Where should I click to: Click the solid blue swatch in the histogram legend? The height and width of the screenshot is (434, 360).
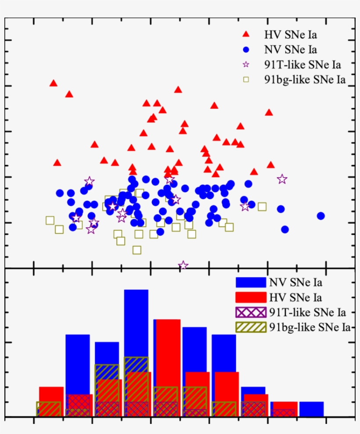251,282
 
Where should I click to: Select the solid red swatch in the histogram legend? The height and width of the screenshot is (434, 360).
251,298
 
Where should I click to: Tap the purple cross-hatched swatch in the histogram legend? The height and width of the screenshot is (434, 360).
251,312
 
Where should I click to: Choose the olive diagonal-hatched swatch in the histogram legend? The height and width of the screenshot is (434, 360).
251,327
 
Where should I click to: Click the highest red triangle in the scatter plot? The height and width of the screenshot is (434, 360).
54,83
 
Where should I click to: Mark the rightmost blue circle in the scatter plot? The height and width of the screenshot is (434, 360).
321,215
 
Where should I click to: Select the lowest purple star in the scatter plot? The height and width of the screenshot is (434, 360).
184,265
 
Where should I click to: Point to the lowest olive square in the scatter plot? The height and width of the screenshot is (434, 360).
137,250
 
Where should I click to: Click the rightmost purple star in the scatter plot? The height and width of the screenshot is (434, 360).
282,179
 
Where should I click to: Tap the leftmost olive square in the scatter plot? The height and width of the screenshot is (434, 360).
50,220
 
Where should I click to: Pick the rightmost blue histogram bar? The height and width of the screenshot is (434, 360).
311,409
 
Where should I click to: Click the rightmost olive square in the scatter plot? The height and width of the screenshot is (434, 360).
262,207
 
